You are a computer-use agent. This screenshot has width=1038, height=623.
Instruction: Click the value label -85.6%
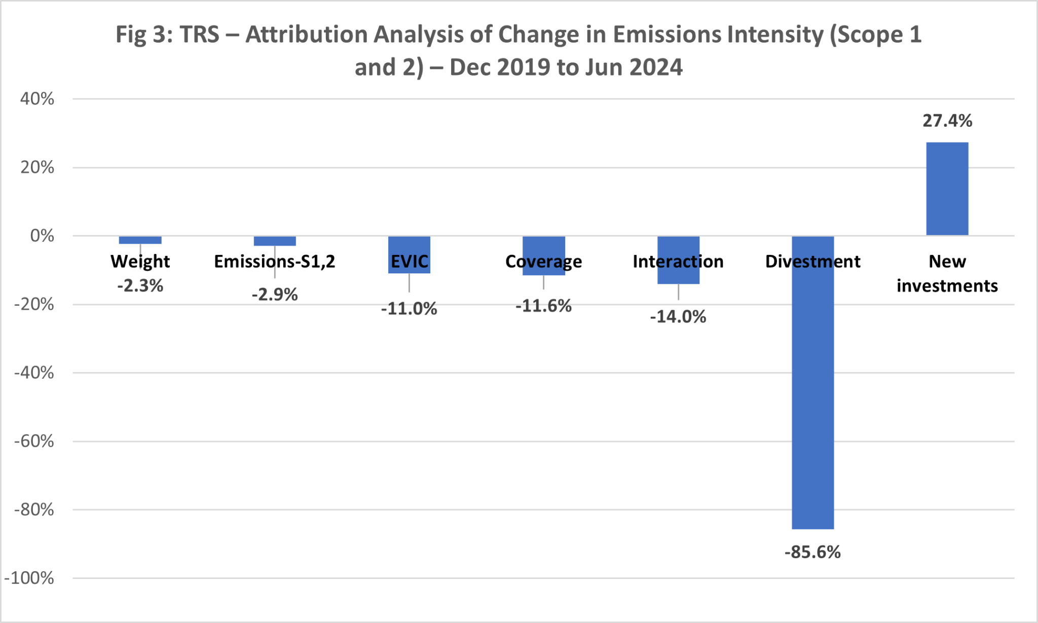point(812,552)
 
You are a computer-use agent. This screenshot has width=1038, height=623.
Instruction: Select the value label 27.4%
point(947,121)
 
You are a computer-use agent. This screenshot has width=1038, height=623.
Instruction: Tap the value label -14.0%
point(678,317)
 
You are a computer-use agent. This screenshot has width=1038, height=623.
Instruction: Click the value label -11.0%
point(409,309)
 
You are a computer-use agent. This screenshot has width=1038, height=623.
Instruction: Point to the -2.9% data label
point(275,295)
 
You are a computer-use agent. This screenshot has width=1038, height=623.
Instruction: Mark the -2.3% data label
point(140,286)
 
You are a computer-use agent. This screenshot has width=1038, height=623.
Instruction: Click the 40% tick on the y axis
point(37,99)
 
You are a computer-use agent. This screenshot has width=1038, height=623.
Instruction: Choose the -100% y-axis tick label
point(29,578)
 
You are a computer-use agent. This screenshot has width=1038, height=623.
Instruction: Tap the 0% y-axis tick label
point(42,236)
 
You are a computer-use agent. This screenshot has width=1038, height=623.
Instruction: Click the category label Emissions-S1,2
point(275,262)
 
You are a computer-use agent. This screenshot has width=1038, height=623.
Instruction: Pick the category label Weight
point(140,262)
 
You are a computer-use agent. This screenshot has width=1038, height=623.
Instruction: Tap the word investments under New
point(947,286)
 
